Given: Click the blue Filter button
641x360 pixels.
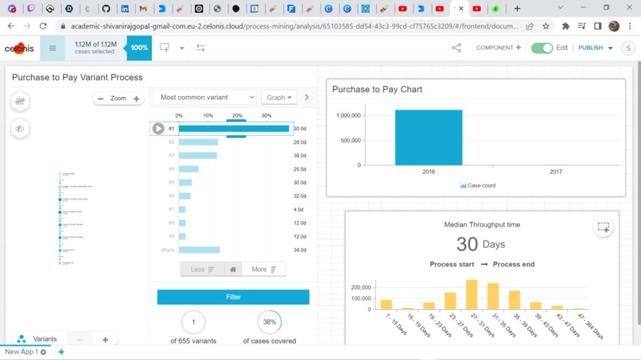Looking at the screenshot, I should tap(233, 297).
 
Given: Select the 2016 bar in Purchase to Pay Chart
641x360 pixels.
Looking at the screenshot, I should tap(428, 137).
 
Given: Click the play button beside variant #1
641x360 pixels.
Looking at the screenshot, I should tap(158, 128).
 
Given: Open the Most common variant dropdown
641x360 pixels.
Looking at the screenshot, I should tap(204, 98).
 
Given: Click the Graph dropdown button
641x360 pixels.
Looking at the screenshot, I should tap(278, 98).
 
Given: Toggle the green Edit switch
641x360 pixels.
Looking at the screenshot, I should tap(542, 48).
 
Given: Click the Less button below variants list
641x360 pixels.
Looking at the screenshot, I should tap(202, 269).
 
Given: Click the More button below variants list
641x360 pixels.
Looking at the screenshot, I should tap(263, 269).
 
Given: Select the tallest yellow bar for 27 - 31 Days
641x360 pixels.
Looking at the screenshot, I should tap(472, 294).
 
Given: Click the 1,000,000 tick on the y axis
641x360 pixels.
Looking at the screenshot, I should tap(348, 115).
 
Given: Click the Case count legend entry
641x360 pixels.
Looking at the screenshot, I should tap(478, 186).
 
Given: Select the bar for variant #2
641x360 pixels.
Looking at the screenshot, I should tap(198, 142).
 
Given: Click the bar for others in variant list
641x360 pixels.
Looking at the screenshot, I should tap(199, 250).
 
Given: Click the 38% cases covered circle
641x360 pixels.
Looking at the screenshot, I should tap(270, 322).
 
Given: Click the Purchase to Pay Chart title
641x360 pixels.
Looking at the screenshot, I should tap(377, 90).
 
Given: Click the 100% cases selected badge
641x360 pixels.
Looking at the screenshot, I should tap(139, 48).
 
